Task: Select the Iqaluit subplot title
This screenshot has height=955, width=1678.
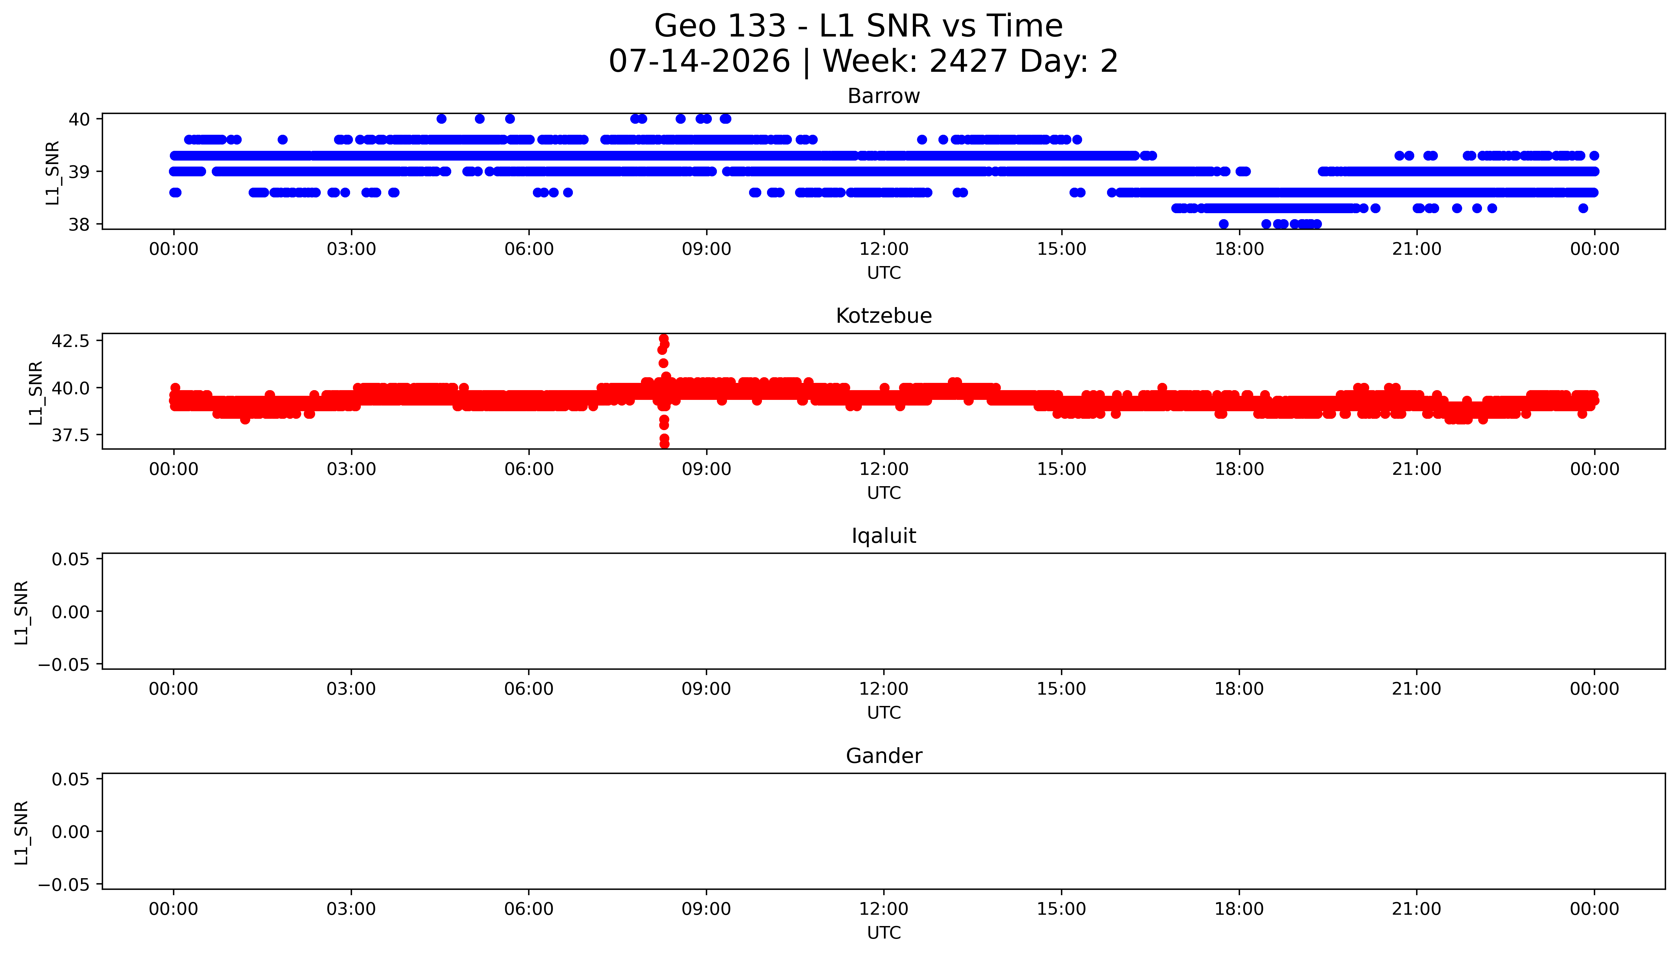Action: point(883,536)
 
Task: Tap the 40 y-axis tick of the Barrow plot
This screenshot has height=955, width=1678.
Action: point(79,119)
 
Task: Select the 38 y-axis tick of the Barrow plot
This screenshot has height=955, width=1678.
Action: point(79,224)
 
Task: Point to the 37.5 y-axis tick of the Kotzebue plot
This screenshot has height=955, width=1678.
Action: point(70,435)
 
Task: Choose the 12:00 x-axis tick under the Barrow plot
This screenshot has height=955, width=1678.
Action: point(884,249)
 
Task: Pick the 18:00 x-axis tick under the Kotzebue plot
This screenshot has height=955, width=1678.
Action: point(1239,469)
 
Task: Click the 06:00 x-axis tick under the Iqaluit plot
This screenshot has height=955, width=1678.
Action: point(529,689)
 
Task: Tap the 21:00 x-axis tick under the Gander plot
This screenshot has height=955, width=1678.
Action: point(1417,909)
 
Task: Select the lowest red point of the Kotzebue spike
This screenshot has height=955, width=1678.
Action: point(664,444)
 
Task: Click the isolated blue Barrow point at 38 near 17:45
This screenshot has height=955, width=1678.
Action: point(1223,224)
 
